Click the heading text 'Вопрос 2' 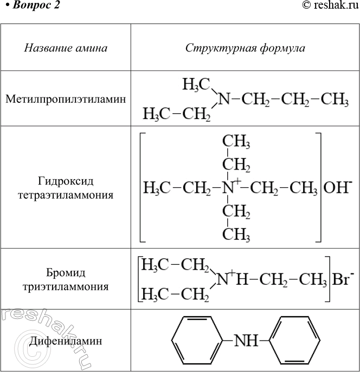pyautogui.click(x=36, y=5)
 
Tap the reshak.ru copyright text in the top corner pyautogui.click(x=331, y=5)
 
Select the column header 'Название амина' pyautogui.click(x=66, y=48)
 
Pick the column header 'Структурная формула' pyautogui.click(x=245, y=48)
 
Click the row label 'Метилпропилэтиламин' pyautogui.click(x=66, y=99)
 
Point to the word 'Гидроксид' pyautogui.click(x=66, y=181)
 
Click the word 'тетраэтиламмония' pyautogui.click(x=66, y=195)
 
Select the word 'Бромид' pyautogui.click(x=66, y=273)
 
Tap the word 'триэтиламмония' pyautogui.click(x=66, y=287)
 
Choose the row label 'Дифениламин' pyautogui.click(x=66, y=341)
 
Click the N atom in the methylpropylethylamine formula pyautogui.click(x=224, y=99)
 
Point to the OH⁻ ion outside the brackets pyautogui.click(x=337, y=188)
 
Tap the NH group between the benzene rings pyautogui.click(x=246, y=341)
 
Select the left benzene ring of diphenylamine pyautogui.click(x=197, y=341)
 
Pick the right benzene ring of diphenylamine pyautogui.click(x=295, y=341)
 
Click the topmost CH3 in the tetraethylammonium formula pyautogui.click(x=236, y=142)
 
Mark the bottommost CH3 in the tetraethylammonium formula pyautogui.click(x=236, y=234)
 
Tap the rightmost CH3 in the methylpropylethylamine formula pyautogui.click(x=335, y=99)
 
